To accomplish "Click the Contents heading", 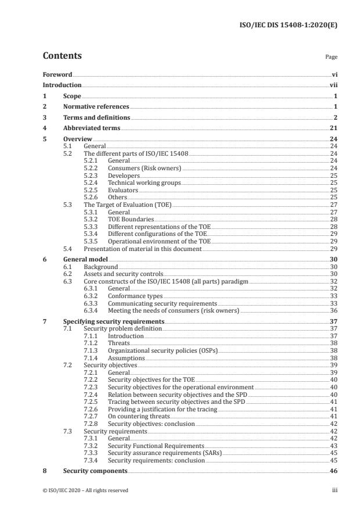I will (62, 56).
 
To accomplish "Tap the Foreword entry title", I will (57, 75).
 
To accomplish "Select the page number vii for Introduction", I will (333, 85).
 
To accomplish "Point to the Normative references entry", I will (96, 106).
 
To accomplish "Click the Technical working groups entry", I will (144, 183).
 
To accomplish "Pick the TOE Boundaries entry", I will (131, 220).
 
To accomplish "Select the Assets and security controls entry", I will (124, 274).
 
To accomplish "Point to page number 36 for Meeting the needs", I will (334, 310).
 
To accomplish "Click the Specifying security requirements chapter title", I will (113, 321).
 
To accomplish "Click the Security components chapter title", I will (95, 471).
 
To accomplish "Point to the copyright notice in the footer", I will (85, 490).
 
